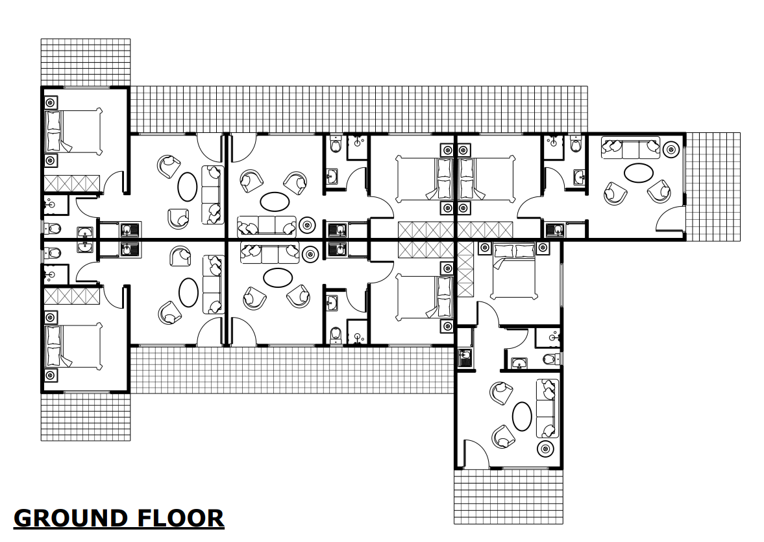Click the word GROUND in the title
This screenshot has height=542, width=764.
tap(71, 519)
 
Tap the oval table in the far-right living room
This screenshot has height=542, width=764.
tap(639, 173)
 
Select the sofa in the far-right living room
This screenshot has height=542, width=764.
tap(630, 148)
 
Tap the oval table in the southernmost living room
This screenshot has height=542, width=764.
tap(523, 416)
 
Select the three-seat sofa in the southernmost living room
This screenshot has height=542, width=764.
tap(548, 408)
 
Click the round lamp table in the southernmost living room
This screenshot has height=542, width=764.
tap(546, 449)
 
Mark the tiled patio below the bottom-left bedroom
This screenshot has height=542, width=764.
tap(85, 416)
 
